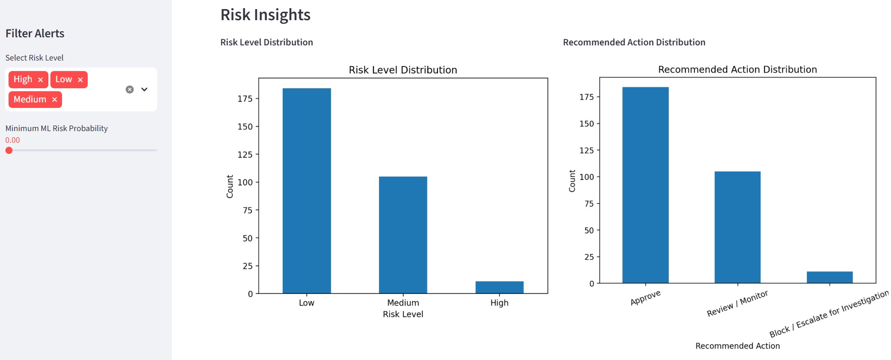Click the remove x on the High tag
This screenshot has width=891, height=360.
pos(40,80)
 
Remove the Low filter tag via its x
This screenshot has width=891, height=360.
pos(80,80)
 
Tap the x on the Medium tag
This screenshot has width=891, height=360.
pos(54,100)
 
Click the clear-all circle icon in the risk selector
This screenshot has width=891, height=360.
pos(130,89)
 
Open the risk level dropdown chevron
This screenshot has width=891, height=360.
pos(145,89)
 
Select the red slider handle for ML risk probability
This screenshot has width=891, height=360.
pos(9,150)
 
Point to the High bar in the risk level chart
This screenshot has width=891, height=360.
pos(499,287)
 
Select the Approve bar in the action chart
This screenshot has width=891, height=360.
pos(645,185)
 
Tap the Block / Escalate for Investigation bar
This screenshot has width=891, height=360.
pos(830,277)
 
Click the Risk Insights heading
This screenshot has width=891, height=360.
pos(265,15)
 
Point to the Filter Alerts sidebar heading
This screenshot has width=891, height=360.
pos(35,33)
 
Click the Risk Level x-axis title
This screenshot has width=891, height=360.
pos(403,314)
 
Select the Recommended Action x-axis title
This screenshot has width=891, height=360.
pos(737,346)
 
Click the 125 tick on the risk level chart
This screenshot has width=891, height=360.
pos(245,154)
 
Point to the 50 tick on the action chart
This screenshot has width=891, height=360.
pos(589,230)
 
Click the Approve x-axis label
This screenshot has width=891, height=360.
pos(645,297)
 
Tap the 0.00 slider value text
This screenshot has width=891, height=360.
pos(13,140)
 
